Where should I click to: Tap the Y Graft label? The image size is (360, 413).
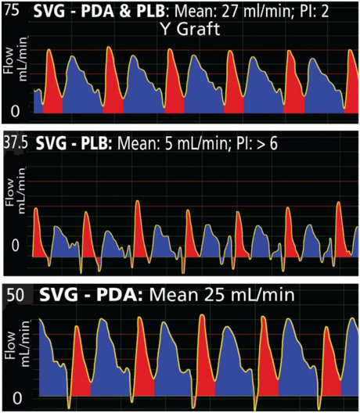(x=189, y=30)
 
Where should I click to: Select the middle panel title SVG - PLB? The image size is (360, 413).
(x=75, y=145)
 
